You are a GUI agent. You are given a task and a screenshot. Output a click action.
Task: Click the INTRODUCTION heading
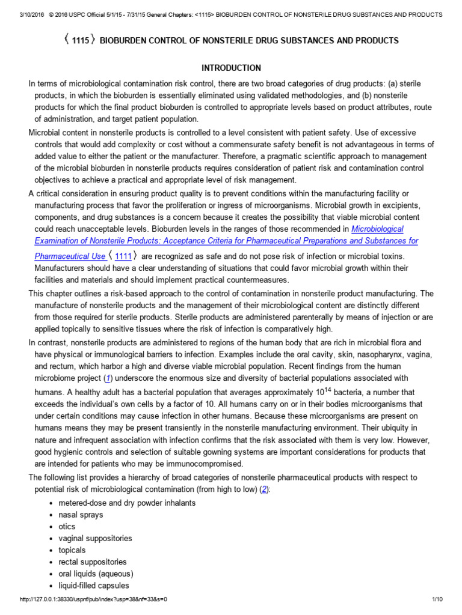(231, 68)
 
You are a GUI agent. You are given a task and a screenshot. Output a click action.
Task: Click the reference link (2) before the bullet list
(264, 489)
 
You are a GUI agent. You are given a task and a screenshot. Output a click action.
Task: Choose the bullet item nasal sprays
(81, 515)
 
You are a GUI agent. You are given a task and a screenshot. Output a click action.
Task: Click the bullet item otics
(67, 527)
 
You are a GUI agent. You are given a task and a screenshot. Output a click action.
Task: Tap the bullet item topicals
(72, 550)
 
